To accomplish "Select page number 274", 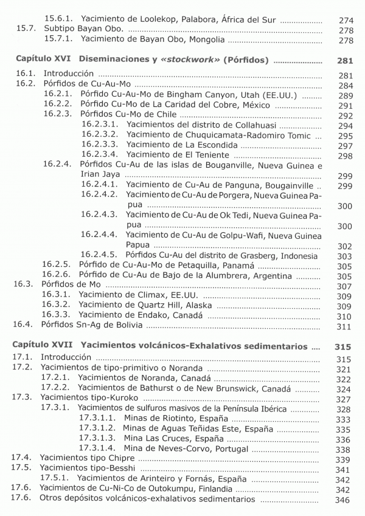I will click(346, 20).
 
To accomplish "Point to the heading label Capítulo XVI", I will click(42, 61).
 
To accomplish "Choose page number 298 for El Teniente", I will click(346, 156).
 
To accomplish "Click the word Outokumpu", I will click(161, 489).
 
